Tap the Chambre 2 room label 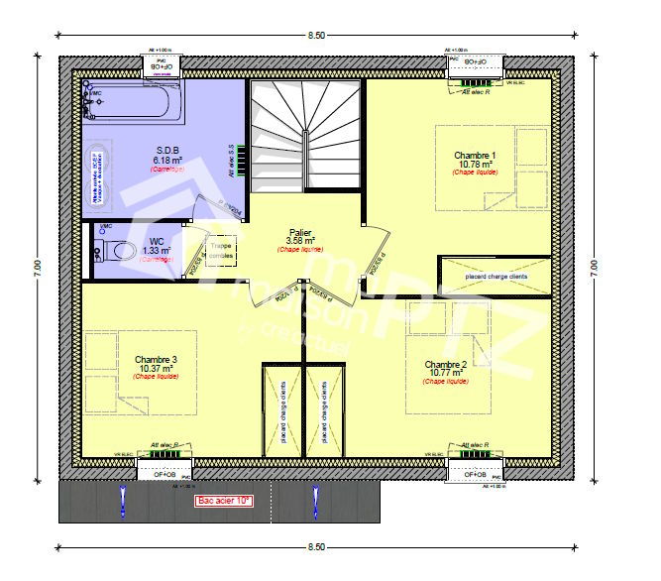[446, 365]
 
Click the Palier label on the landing [301, 231]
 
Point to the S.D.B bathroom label [166, 151]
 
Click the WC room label [157, 241]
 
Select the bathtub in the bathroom [134, 103]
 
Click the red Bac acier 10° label [224, 502]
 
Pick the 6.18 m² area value [166, 160]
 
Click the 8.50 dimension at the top [315, 35]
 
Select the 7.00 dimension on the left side [35, 266]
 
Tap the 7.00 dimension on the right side [594, 266]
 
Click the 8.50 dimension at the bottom [315, 546]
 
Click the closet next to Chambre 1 [494, 276]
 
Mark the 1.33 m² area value [157, 251]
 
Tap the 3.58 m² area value [301, 241]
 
